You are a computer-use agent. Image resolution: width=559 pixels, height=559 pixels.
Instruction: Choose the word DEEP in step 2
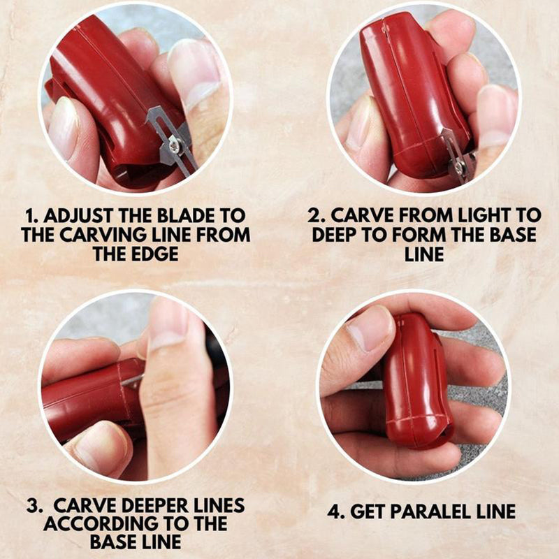335,235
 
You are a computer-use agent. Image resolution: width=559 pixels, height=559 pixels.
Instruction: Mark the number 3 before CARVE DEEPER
32,506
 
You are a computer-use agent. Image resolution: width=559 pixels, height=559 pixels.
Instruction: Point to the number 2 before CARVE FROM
314,216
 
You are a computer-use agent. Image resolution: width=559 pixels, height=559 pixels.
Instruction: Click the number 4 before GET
334,512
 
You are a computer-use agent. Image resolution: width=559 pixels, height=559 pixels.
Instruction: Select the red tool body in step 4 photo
417,382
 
